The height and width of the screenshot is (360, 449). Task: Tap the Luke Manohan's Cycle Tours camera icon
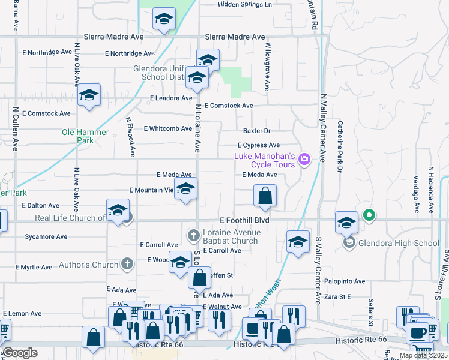[304, 159]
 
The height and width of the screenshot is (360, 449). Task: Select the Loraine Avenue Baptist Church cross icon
[193, 235]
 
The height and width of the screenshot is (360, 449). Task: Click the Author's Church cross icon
[127, 264]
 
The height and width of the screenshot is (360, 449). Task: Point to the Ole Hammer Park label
[85, 136]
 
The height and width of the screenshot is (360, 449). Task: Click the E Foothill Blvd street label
[244, 220]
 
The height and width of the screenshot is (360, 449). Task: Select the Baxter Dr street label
[257, 131]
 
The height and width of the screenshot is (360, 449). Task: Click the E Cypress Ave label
[258, 145]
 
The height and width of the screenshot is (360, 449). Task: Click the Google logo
[19, 353]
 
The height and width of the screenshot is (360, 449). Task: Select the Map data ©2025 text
[423, 355]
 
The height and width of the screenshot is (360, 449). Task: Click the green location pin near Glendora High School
[369, 214]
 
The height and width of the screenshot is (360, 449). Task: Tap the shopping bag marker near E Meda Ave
[265, 194]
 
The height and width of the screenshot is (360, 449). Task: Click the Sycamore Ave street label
[46, 236]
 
